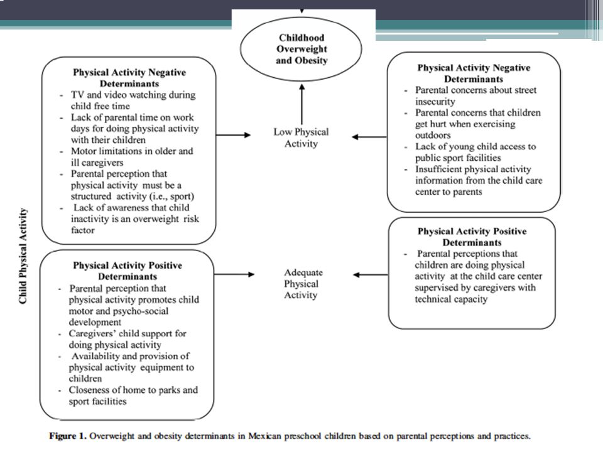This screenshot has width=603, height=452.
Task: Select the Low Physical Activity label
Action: coord(301,137)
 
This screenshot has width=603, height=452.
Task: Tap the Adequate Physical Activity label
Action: coord(303,284)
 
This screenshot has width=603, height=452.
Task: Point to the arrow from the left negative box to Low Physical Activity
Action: coord(234,135)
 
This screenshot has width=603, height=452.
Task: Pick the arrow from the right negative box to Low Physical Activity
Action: coord(369,137)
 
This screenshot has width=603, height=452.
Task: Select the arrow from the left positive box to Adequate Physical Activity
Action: coord(234,274)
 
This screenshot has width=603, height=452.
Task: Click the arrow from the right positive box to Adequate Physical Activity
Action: coord(371,275)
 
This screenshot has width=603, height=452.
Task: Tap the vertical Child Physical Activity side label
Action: coord(23,256)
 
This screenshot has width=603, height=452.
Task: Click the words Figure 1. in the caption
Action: coord(68,436)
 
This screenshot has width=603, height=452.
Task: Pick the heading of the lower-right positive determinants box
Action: coord(472,237)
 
